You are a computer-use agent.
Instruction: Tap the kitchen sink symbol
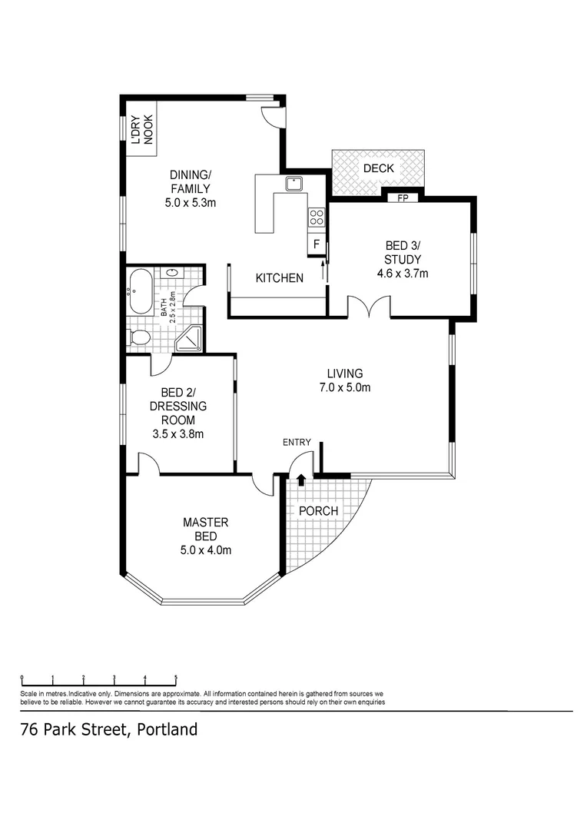(x=293, y=183)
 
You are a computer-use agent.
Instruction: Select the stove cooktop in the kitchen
(x=315, y=217)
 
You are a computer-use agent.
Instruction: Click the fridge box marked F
(x=315, y=245)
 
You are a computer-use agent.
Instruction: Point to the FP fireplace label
(x=402, y=198)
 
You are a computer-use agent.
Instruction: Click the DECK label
(x=378, y=168)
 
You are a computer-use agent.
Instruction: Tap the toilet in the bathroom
(x=140, y=337)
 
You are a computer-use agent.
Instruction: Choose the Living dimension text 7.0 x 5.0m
(x=345, y=387)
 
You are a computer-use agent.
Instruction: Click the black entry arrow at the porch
(x=300, y=480)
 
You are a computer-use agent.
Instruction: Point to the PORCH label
(x=318, y=511)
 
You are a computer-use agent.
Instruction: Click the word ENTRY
(x=297, y=442)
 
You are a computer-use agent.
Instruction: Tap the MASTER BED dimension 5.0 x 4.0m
(x=205, y=549)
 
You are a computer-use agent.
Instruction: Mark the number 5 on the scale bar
(x=176, y=678)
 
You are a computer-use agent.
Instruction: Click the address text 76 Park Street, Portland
(x=108, y=729)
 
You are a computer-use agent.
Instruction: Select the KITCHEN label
(x=279, y=278)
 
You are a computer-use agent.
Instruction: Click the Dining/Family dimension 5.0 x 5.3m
(x=189, y=203)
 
